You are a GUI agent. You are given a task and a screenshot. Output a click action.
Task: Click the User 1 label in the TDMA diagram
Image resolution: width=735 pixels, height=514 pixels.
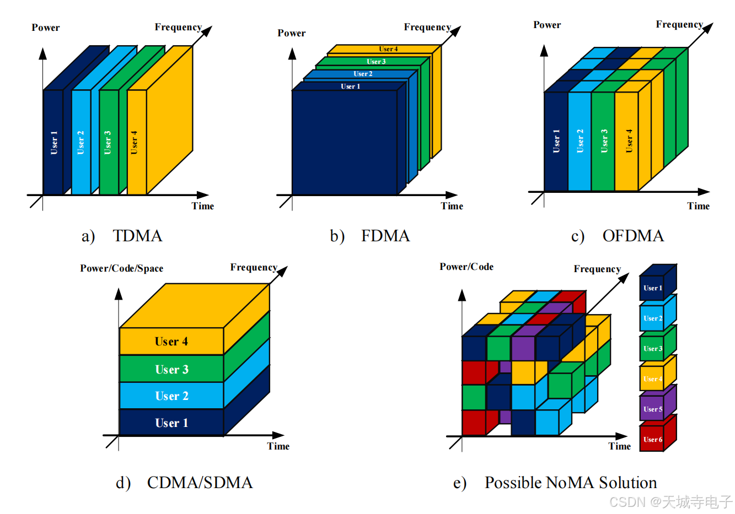tap(54, 142)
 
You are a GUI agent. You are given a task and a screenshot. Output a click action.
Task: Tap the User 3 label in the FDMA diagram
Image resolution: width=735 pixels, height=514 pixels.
tap(376, 62)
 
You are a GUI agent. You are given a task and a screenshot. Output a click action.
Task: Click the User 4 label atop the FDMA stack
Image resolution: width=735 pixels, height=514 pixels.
tap(388, 49)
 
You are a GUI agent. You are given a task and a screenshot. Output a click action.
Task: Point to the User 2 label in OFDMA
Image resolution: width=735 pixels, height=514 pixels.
tap(580, 141)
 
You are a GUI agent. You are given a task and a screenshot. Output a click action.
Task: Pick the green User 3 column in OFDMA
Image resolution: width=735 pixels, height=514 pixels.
tap(603, 141)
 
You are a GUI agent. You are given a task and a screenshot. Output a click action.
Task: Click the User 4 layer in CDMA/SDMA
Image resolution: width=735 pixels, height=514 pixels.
tap(171, 342)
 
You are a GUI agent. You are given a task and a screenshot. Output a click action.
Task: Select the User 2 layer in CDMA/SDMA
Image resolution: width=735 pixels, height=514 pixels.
tap(171, 396)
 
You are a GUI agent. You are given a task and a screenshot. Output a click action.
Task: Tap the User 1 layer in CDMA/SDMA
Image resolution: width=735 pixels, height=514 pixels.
tap(171, 423)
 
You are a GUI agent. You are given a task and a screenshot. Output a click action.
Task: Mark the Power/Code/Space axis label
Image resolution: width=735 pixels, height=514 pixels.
tap(121, 268)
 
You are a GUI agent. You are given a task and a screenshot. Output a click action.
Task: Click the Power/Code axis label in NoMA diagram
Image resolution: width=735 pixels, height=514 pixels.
tap(466, 267)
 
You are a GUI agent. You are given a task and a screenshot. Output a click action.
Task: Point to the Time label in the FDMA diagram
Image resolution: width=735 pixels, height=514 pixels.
tap(452, 206)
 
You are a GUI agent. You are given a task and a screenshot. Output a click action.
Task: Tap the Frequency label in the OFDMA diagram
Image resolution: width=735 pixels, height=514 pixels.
tap(679, 24)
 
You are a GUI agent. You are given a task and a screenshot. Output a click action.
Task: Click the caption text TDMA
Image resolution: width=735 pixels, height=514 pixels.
tap(137, 236)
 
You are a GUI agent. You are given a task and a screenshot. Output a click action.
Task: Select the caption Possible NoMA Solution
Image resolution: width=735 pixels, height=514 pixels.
tap(570, 483)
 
